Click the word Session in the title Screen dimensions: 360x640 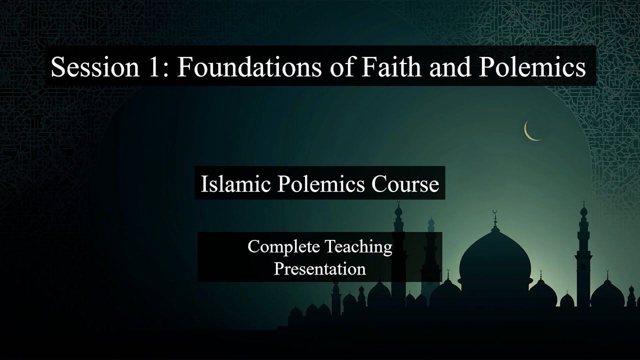(x=94, y=67)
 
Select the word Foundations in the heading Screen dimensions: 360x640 (x=248, y=67)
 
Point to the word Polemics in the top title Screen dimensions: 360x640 (x=532, y=67)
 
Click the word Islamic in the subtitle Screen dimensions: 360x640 (x=233, y=184)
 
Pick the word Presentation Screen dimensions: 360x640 (x=319, y=269)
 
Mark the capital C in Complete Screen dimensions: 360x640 (x=253, y=246)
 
